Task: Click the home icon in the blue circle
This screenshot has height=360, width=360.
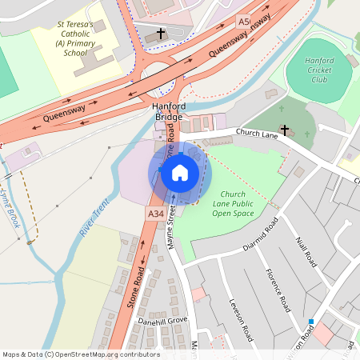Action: coord(180,172)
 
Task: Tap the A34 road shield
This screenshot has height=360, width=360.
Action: coord(156,214)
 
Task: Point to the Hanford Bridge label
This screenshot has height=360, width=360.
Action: coord(169,112)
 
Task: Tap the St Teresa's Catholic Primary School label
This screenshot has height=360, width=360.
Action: coord(75,38)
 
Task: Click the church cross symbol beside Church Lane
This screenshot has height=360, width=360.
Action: coord(284,129)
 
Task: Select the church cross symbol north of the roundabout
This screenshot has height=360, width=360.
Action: coord(161,34)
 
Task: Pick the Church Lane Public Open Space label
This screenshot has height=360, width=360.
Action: coord(233,204)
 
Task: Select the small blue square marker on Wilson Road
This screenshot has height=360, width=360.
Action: coord(310,322)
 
